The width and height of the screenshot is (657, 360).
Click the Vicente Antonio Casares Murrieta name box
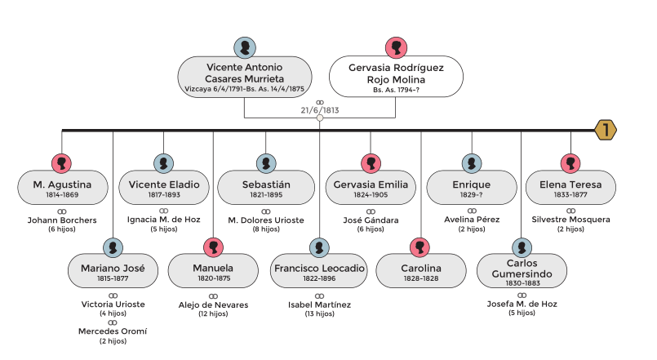coord(245,77)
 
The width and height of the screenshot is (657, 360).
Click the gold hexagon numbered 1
coord(605,130)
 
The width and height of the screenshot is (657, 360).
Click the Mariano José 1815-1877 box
coord(113,273)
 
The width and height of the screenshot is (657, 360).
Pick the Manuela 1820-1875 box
coord(212,273)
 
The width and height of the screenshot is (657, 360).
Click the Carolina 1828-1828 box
coord(420,273)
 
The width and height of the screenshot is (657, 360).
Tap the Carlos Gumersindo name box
coord(521,273)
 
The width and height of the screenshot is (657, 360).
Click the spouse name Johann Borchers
coord(63,220)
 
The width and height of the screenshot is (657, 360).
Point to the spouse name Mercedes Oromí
coord(113,331)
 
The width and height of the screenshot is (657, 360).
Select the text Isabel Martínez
coord(319,305)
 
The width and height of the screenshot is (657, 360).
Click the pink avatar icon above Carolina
coord(420,247)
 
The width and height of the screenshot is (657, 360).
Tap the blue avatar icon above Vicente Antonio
coord(245,46)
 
